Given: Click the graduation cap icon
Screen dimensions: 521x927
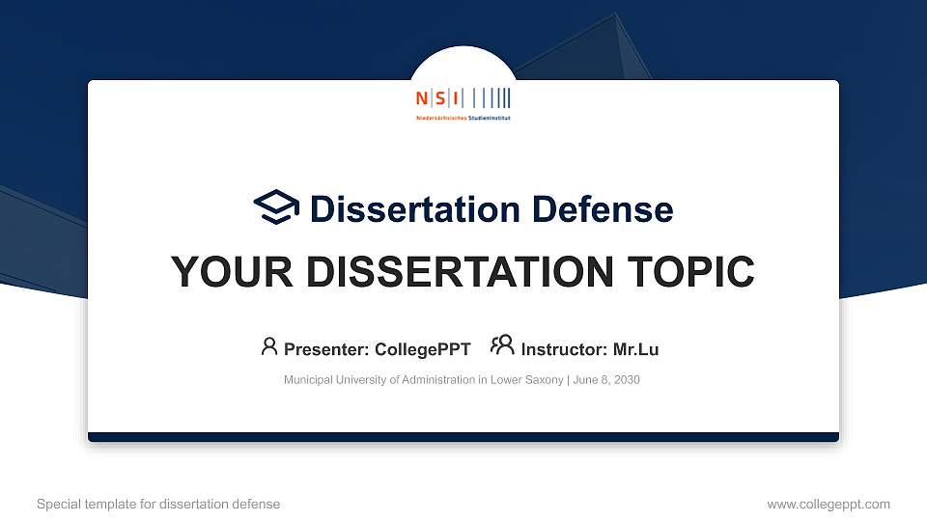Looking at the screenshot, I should [277, 207].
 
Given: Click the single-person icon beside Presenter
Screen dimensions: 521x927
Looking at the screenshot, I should [269, 346].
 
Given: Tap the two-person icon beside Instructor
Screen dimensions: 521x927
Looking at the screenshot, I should [502, 345].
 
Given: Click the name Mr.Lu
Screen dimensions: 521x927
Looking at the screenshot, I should [635, 349].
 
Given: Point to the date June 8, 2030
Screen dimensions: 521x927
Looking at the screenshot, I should [605, 380].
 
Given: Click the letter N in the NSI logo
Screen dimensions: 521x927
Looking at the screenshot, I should [421, 97].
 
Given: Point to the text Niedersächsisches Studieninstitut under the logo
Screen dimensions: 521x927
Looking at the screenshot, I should [463, 117].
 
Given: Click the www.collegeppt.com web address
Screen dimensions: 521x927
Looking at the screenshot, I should [828, 504].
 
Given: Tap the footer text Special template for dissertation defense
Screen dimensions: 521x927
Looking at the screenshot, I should [158, 504].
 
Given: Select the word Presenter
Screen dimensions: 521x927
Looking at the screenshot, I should [322, 349].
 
